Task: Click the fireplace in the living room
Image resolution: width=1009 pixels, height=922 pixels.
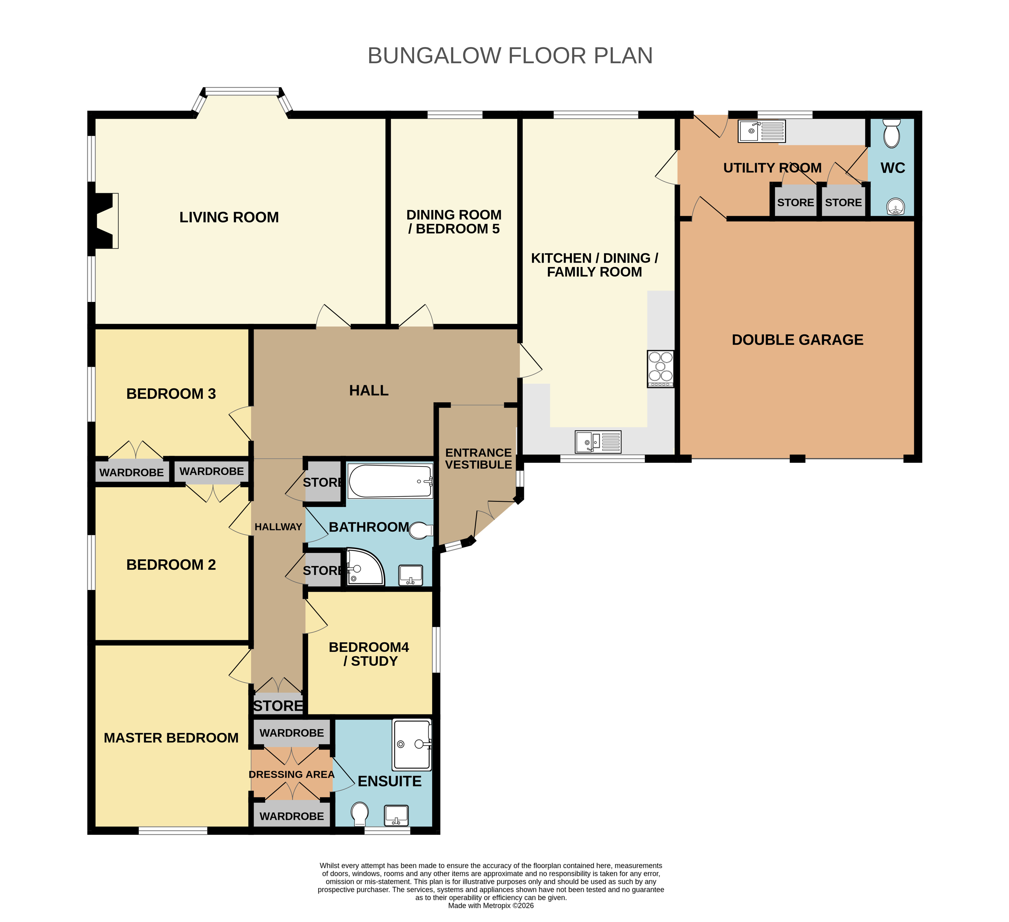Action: [104, 221]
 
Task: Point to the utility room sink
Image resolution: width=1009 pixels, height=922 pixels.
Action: [762, 131]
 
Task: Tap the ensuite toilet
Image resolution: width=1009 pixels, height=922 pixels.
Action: [360, 814]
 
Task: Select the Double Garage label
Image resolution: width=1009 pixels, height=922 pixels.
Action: [797, 340]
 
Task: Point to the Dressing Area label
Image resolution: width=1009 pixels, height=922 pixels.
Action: [291, 774]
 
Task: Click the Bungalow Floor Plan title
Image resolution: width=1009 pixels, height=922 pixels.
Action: [510, 56]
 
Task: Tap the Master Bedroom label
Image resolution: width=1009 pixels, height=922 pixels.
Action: [171, 738]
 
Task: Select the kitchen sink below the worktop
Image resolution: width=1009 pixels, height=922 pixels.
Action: [598, 442]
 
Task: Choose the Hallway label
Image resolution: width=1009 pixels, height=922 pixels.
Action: [278, 527]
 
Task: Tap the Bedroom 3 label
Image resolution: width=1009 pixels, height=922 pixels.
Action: [171, 394]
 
